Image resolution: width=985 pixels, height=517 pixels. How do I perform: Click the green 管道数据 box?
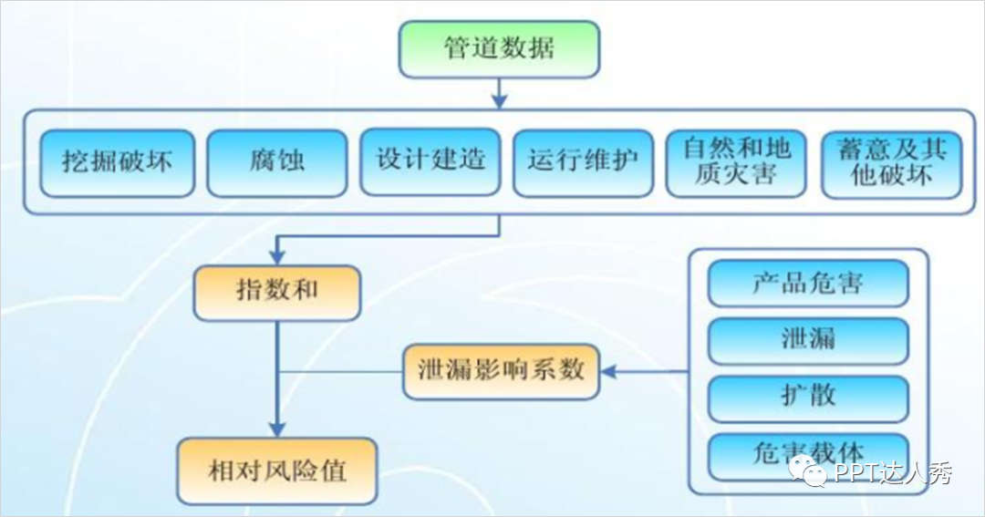[499, 48]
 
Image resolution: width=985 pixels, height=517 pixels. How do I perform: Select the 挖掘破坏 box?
[117, 162]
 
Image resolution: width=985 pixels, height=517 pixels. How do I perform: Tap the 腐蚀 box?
[276, 162]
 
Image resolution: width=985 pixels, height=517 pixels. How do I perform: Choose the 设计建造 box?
[430, 161]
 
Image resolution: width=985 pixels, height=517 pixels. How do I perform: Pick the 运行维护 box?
[583, 161]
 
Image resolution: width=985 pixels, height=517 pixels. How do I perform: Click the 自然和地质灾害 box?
[736, 161]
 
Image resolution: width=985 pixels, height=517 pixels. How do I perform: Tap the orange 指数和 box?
[277, 293]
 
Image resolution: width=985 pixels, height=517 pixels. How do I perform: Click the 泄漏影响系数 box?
[501, 371]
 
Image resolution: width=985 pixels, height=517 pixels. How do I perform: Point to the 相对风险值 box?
[277, 471]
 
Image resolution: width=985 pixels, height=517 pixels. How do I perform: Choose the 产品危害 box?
[808, 284]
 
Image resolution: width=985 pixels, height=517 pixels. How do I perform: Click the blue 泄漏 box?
[808, 340]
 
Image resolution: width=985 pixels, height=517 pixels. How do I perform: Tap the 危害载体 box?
[808, 453]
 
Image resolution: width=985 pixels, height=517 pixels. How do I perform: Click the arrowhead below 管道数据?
[499, 98]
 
